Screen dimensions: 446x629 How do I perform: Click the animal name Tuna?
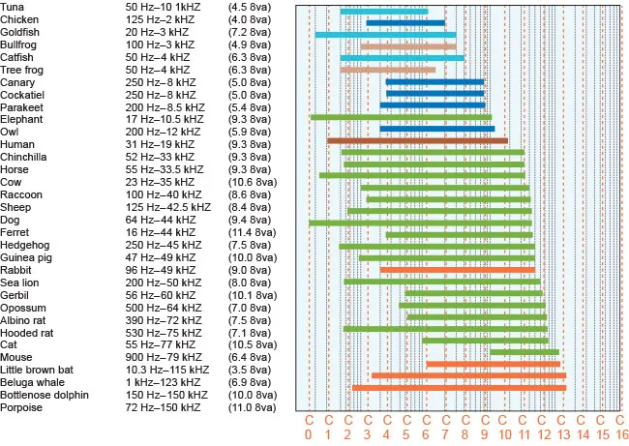[x=14, y=7]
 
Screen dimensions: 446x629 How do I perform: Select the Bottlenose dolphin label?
[x=45, y=395]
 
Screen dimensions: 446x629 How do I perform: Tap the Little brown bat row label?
[x=38, y=370]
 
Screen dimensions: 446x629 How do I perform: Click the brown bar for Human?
[x=417, y=141]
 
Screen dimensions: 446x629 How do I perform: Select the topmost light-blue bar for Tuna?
[x=384, y=12]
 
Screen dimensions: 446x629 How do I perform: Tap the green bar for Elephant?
[x=401, y=117]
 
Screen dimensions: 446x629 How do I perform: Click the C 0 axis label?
[x=309, y=427]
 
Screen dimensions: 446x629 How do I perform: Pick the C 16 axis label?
[x=620, y=427]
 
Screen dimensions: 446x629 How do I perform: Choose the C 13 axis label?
[x=562, y=427]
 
